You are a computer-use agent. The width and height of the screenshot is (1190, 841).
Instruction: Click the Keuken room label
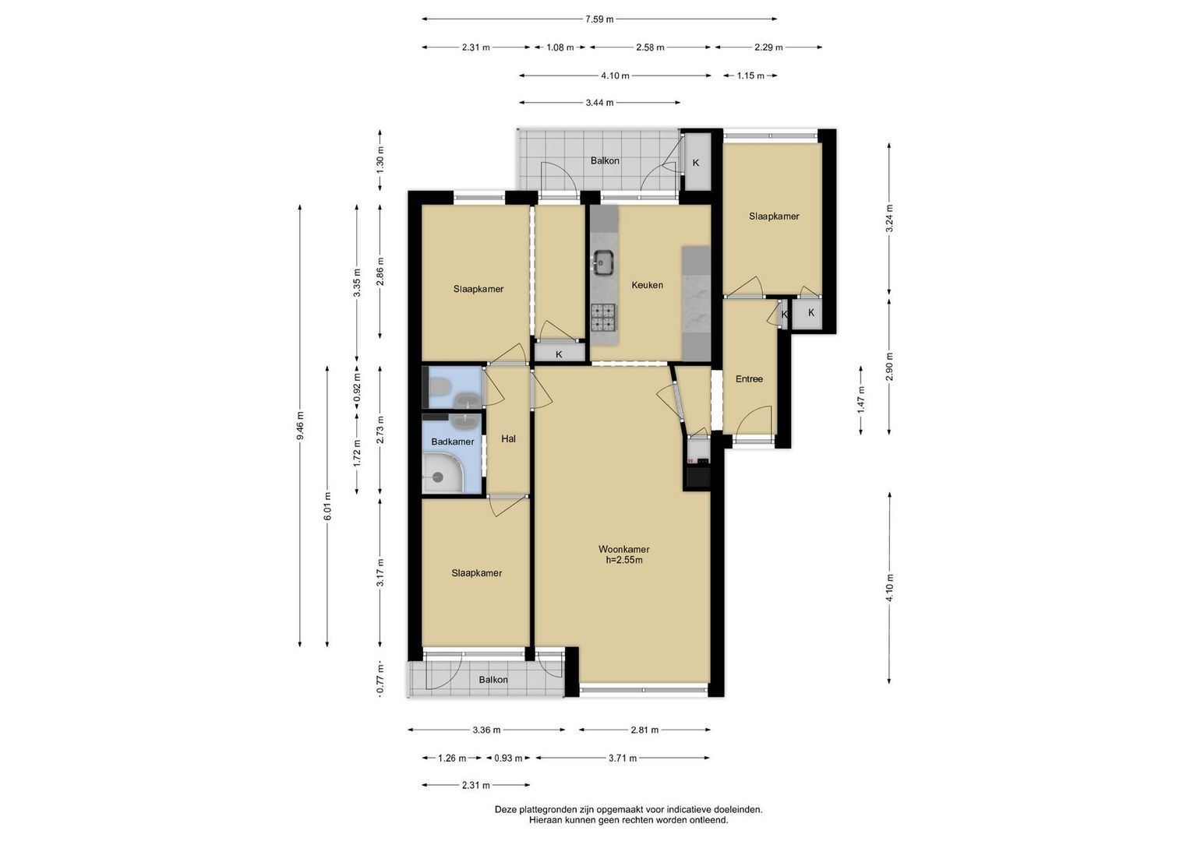(647, 285)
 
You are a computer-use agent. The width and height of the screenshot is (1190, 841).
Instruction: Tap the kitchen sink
(603, 263)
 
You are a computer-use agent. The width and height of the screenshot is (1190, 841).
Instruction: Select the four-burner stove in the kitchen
(603, 318)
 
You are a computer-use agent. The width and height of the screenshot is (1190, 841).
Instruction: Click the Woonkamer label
(623, 549)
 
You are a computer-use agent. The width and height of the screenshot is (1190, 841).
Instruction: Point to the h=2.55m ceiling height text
(623, 560)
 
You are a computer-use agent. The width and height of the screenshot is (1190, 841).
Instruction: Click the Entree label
(749, 379)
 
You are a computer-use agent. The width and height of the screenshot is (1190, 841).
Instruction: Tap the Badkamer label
(452, 442)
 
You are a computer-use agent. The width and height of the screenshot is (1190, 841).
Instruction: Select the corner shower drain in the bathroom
(438, 477)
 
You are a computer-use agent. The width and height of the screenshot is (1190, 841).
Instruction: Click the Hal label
(508, 438)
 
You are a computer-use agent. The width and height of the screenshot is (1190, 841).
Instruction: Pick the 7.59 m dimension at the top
(599, 19)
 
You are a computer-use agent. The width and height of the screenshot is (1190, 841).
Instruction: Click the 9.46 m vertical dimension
(301, 426)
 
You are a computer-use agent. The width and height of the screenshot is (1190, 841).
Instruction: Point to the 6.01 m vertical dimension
(328, 506)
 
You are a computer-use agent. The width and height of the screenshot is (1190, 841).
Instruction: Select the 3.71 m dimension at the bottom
(623, 758)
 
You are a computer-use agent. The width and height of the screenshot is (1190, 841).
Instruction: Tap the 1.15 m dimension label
(750, 76)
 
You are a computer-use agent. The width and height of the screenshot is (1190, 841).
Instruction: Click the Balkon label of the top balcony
(605, 161)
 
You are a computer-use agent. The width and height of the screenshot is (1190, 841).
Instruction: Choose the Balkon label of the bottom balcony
(493, 680)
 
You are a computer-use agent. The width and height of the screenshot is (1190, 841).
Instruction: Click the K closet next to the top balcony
(696, 163)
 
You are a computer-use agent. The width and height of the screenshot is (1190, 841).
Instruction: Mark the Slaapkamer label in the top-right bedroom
(774, 216)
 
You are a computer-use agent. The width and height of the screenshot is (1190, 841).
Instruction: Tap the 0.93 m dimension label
(508, 758)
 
